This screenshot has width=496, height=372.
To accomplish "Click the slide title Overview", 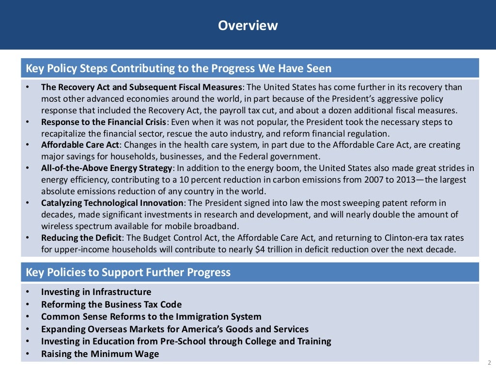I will (x=248, y=25).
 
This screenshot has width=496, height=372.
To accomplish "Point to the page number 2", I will (x=489, y=363).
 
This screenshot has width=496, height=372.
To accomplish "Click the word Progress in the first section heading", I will (x=232, y=68).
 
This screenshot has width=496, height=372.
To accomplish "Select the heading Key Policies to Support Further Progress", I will (x=128, y=272).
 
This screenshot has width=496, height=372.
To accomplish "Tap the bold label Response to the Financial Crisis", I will (x=104, y=122).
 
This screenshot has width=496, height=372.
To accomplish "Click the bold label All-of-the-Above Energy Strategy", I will (x=107, y=168).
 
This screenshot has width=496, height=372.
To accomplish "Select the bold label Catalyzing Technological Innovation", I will (x=112, y=203).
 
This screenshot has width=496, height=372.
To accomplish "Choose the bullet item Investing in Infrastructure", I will (x=96, y=292).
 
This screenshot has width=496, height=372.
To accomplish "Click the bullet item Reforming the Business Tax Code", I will (x=111, y=305).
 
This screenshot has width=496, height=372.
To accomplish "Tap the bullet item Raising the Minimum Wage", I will (x=100, y=354).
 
